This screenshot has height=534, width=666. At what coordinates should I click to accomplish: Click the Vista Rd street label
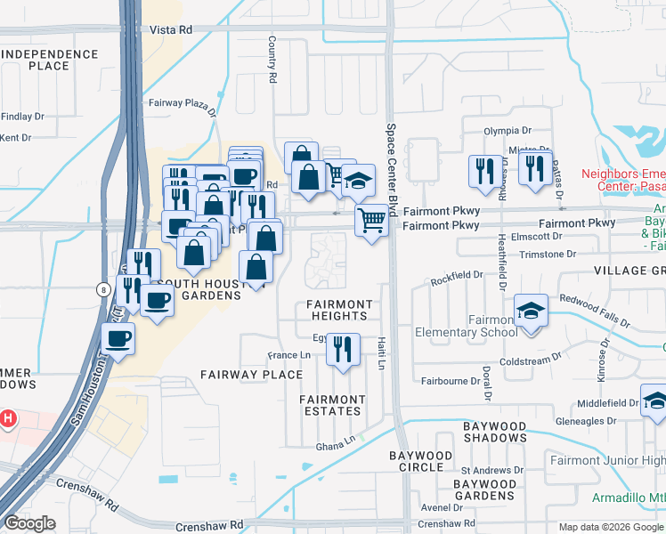pyautogui.click(x=171, y=29)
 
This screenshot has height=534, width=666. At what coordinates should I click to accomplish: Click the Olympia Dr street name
pyautogui.click(x=507, y=130)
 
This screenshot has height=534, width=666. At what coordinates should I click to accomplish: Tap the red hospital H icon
pyautogui.click(x=8, y=417)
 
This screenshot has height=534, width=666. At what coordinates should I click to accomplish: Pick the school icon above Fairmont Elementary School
pyautogui.click(x=532, y=311)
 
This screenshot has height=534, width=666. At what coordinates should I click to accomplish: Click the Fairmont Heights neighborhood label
pyautogui.click(x=339, y=310)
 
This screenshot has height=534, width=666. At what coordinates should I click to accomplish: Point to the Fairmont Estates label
pyautogui.click(x=331, y=405)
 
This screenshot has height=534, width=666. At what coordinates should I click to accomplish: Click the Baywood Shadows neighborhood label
pyautogui.click(x=496, y=433)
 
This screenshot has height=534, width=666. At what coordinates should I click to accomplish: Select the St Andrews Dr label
pyautogui.click(x=491, y=469)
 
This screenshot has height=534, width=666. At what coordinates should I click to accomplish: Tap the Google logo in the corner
pyautogui.click(x=29, y=523)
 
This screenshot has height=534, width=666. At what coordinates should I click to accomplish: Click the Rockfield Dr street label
pyautogui.click(x=455, y=279)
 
